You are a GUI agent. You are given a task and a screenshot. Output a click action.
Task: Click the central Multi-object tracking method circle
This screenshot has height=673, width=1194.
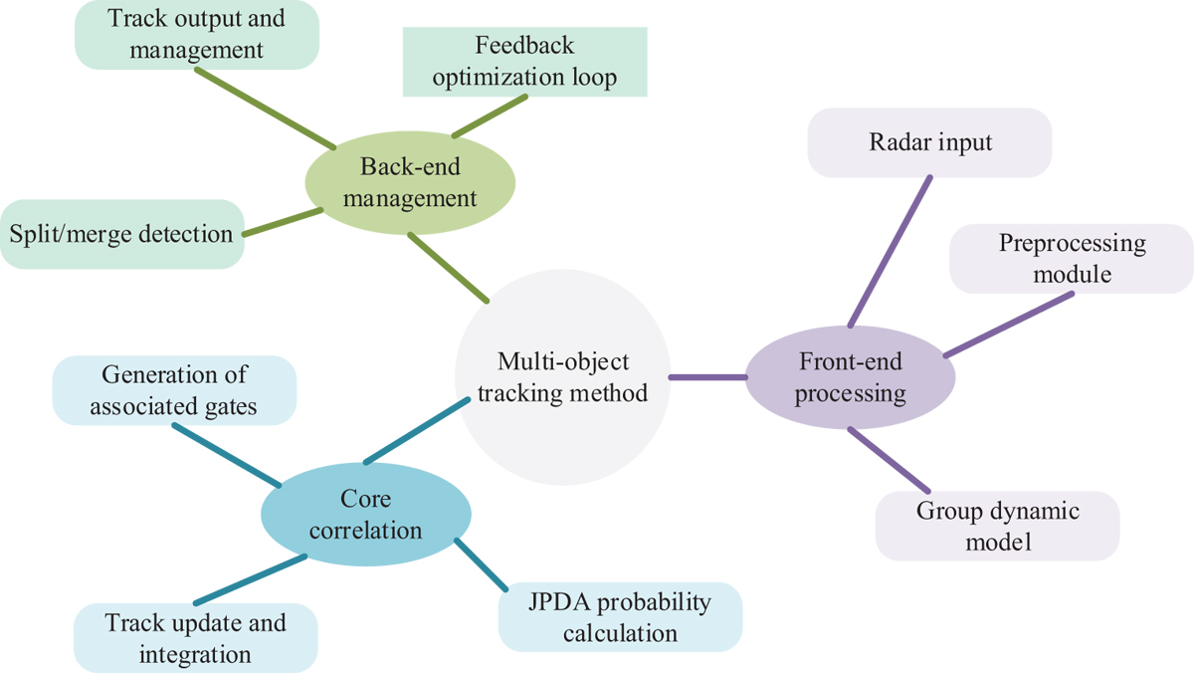coord(562,378)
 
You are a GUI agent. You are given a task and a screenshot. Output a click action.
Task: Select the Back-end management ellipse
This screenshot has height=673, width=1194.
coord(409,184)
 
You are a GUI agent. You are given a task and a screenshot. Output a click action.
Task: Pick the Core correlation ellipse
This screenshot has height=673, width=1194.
coord(365,515)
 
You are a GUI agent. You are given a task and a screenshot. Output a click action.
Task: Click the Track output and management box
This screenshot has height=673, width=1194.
coord(196,33)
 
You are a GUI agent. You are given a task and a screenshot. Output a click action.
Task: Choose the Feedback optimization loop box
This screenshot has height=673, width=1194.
coord(524,62)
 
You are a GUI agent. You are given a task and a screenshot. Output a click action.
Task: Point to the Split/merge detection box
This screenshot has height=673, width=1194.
coord(121,234)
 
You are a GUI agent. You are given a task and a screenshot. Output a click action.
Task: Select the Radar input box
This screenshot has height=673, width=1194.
coord(929,142)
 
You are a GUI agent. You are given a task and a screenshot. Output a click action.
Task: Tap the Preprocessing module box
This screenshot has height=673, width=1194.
coord(1071,259)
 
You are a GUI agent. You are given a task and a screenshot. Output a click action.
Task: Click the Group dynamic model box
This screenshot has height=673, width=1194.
coord(998,526)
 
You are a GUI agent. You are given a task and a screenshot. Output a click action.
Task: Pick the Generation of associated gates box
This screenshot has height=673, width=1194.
coord(174,390)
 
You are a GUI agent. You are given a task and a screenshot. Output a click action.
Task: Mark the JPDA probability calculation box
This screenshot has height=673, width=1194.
coord(620,617)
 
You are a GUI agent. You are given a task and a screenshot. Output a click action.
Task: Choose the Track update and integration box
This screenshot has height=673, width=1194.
coord(196,638)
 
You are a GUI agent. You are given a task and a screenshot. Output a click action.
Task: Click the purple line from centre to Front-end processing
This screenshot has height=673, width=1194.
coord(707,377)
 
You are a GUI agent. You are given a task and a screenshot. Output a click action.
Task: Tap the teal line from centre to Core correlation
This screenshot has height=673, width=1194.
coord(416,430)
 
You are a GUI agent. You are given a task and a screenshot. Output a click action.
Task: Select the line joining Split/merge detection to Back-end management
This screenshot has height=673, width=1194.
coord(283,223)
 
